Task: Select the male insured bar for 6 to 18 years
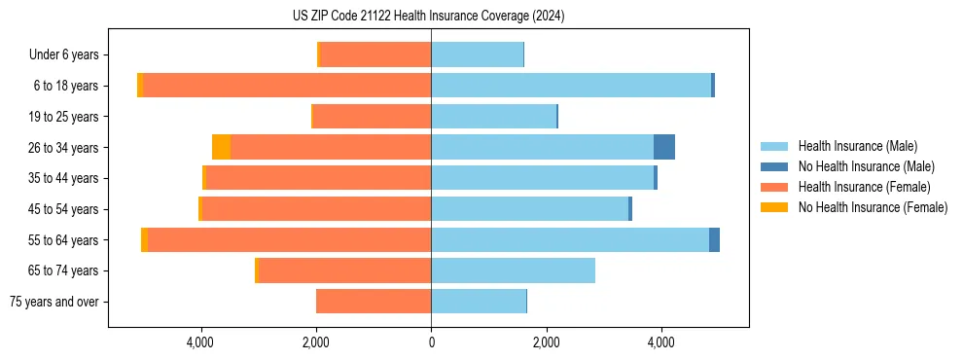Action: pyautogui.click(x=571, y=86)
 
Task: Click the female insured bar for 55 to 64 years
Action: pyautogui.click(x=289, y=239)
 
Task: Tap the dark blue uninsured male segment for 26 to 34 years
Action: pyautogui.click(x=664, y=147)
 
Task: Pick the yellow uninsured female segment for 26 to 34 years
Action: pyautogui.click(x=221, y=147)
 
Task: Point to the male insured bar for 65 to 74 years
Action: pyautogui.click(x=513, y=270)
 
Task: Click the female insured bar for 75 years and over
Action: pyautogui.click(x=374, y=302)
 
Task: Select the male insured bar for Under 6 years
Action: pyautogui.click(x=477, y=54)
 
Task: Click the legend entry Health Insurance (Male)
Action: pyautogui.click(x=857, y=146)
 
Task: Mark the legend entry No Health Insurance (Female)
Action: pyautogui.click(x=873, y=207)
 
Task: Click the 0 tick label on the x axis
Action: pyautogui.click(x=431, y=342)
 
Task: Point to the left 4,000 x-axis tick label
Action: pyautogui.click(x=200, y=342)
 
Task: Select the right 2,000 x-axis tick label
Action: pyautogui.click(x=546, y=342)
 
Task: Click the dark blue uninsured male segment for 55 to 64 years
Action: pyautogui.click(x=714, y=239)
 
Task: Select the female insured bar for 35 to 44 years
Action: pyautogui.click(x=318, y=178)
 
